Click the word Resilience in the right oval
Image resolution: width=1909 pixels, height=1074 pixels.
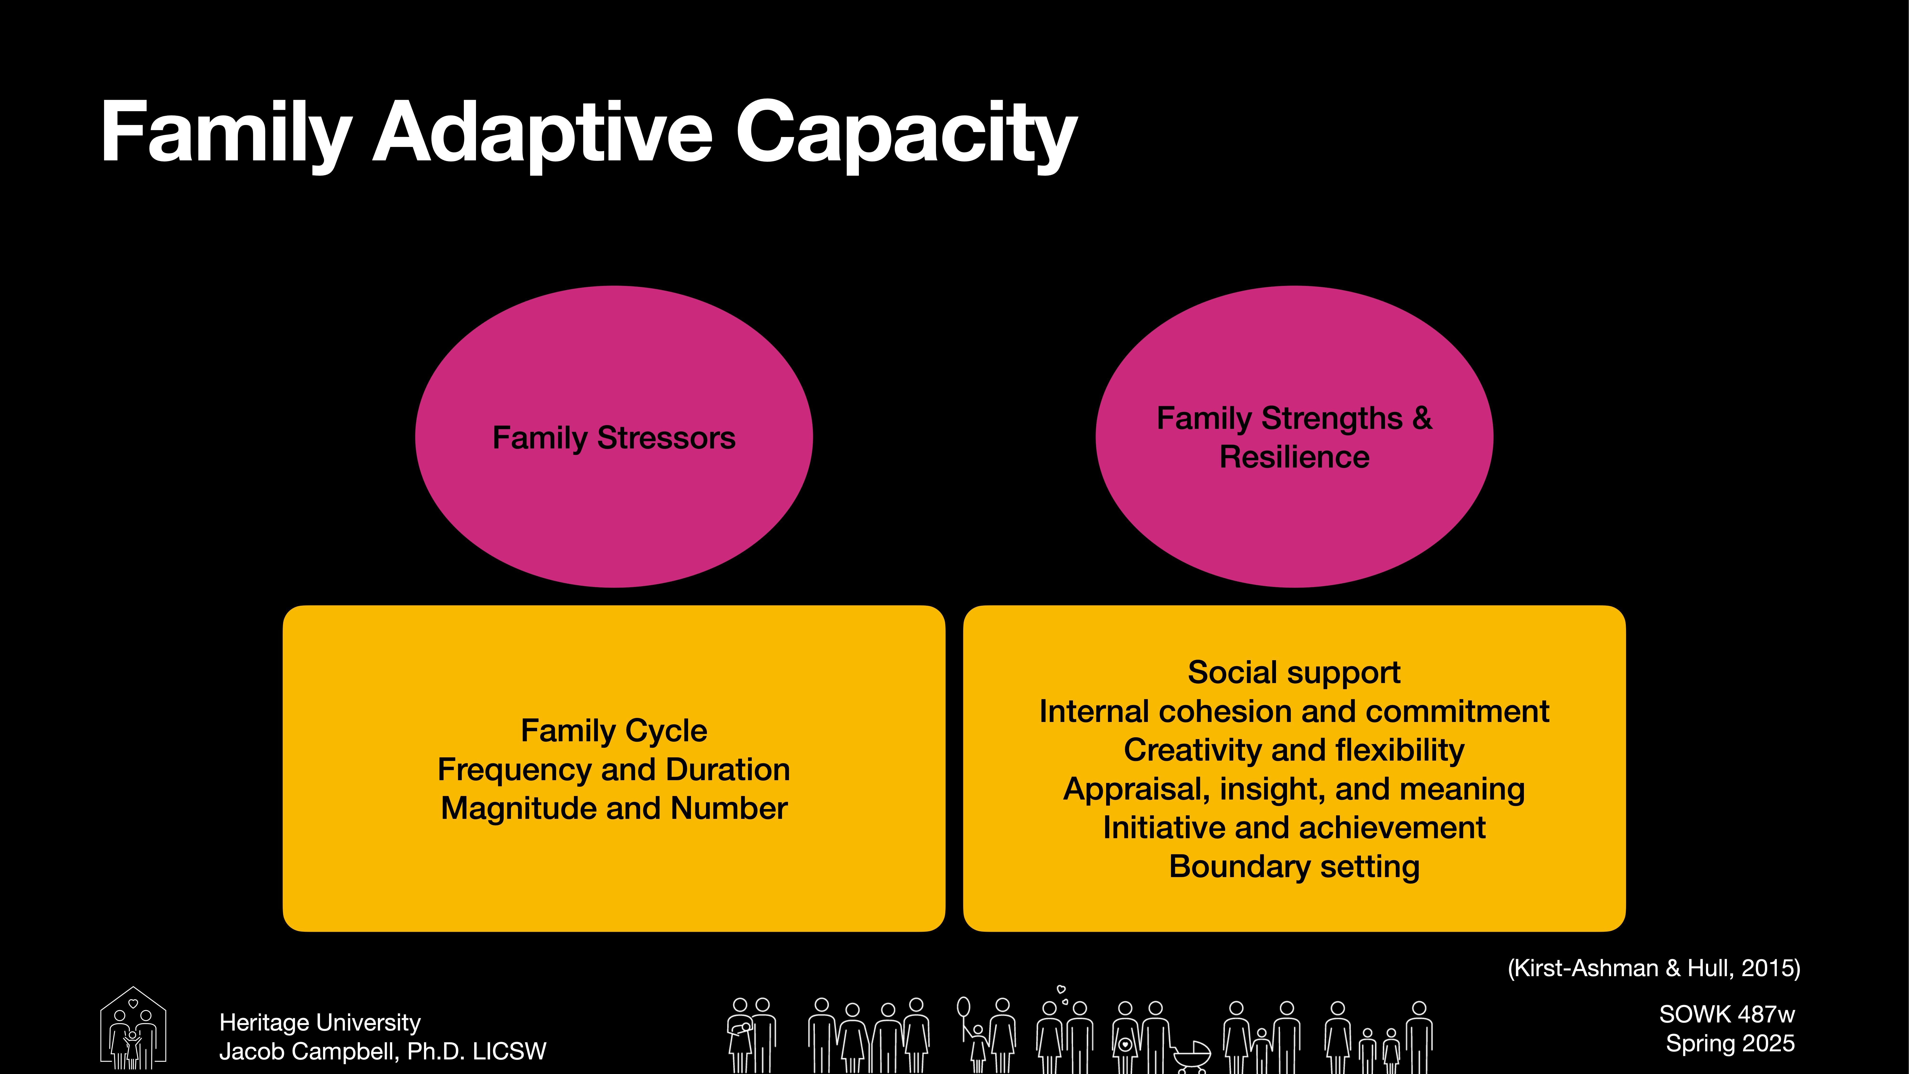pos(1294,457)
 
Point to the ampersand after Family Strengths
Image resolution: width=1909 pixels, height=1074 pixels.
pos(1421,418)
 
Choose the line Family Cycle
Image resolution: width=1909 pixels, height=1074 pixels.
pos(614,731)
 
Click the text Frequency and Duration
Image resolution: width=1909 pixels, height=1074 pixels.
pos(614,769)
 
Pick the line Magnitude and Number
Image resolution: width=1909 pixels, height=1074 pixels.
pos(614,808)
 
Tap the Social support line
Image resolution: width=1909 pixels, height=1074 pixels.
pos(1294,672)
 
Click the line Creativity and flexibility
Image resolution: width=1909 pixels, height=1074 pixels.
pos(1294,750)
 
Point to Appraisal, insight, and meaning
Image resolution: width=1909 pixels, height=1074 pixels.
pos(1294,789)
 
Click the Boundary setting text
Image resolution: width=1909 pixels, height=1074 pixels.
pos(1294,866)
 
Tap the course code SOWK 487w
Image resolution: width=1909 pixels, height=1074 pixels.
pos(1727,1014)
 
